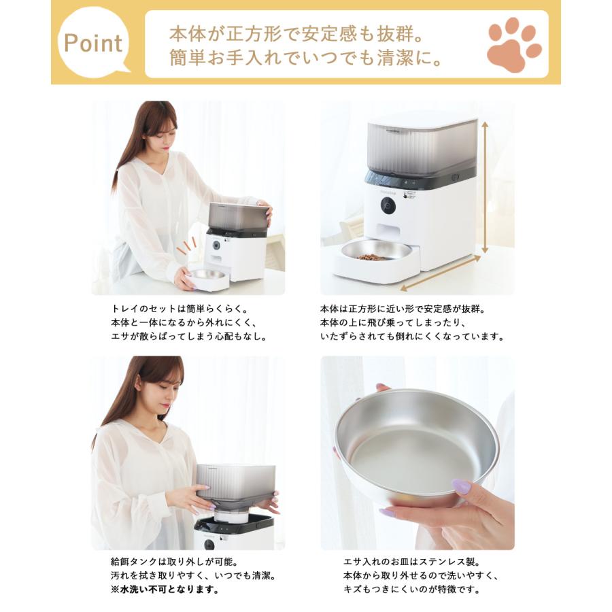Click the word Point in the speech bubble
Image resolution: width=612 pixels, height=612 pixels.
click(x=93, y=44)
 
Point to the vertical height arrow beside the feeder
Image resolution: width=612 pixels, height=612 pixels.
click(x=486, y=187)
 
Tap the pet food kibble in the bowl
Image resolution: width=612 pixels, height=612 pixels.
click(x=373, y=257)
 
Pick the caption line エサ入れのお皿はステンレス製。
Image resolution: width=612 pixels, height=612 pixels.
click(x=411, y=562)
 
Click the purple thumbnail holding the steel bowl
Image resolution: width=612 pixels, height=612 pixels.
click(x=462, y=487)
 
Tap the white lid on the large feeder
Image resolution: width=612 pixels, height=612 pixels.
click(x=422, y=120)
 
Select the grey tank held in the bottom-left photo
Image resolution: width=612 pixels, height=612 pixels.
click(x=235, y=484)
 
